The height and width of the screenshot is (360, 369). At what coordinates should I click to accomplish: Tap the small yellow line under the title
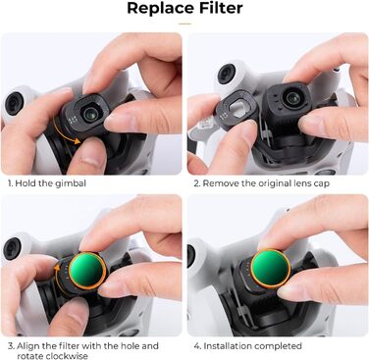[x=184, y=24]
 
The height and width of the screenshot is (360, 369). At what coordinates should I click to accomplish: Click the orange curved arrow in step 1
[x=65, y=131]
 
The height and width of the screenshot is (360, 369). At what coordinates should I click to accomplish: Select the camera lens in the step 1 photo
[x=89, y=114]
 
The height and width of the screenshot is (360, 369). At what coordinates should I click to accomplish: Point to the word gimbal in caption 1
[x=71, y=183]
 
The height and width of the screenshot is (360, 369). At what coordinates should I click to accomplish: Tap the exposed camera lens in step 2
[x=291, y=97]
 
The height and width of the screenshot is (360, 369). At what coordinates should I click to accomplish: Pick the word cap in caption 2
[x=322, y=183]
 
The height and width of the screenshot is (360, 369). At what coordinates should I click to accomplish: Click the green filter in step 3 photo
[x=87, y=270]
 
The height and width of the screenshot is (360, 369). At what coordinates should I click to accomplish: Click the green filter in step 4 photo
[x=270, y=268]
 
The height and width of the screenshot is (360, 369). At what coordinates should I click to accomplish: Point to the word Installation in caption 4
[x=229, y=346]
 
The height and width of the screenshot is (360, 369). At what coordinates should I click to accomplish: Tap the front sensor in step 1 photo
[x=14, y=103]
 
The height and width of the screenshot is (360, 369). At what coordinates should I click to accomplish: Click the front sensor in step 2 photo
[x=227, y=75]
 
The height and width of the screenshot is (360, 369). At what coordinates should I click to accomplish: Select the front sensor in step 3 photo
[x=12, y=248]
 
